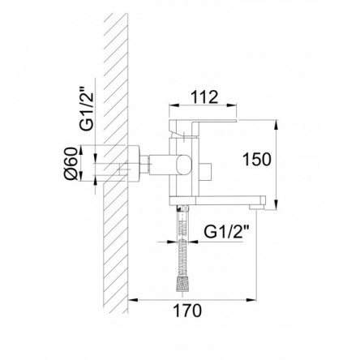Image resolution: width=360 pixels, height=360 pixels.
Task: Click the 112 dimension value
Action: (204, 97)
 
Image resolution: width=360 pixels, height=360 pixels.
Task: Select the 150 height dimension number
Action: (257, 159)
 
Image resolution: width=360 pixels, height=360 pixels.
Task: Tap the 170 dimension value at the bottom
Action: (187, 311)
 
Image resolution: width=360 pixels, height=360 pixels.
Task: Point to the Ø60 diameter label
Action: (71, 164)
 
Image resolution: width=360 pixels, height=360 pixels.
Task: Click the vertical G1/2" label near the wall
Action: (87, 109)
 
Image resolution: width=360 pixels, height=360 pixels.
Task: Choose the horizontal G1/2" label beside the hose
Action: (226, 232)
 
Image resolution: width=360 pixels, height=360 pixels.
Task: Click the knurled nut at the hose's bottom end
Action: (183, 283)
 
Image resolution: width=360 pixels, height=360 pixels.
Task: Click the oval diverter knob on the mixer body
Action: (184, 165)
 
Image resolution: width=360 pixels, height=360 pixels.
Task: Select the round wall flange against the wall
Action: (134, 164)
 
